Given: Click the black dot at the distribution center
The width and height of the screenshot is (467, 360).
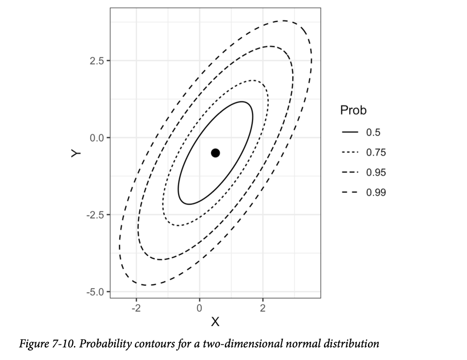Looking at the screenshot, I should click(215, 153).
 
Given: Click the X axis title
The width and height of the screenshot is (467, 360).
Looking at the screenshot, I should click(215, 322).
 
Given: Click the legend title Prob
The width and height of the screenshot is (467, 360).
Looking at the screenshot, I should click(353, 110).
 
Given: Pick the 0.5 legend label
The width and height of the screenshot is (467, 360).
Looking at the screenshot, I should click(373, 132).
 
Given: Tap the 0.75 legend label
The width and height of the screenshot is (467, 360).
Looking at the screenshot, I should click(376, 152).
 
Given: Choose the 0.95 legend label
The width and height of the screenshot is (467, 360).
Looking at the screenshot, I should click(376, 172).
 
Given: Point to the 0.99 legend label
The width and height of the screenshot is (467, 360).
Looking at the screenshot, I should click(376, 192).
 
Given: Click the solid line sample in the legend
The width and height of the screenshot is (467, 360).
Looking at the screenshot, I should click(350, 132).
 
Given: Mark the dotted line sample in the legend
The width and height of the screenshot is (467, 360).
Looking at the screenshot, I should click(350, 152).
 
